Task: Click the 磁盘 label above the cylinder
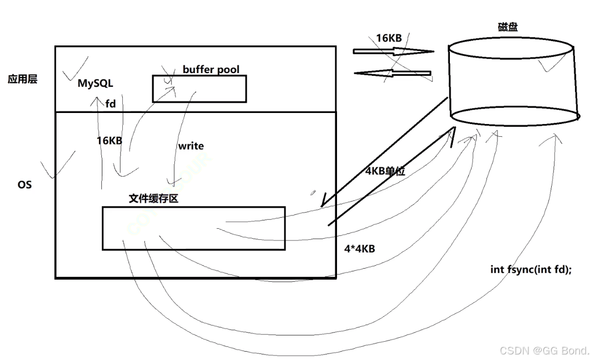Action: click(x=507, y=27)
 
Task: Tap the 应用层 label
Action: click(x=23, y=79)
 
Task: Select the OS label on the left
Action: click(x=24, y=184)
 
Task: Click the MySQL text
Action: click(x=95, y=84)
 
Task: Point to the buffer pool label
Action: click(x=211, y=70)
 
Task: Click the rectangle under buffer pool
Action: click(x=199, y=89)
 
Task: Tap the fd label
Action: click(x=111, y=103)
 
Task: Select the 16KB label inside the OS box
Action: click(x=109, y=141)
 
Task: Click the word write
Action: click(x=190, y=146)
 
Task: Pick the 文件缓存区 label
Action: click(x=153, y=198)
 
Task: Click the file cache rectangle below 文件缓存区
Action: click(x=194, y=228)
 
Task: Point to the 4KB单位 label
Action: click(x=385, y=171)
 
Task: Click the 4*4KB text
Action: click(x=359, y=249)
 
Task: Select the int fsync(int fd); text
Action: click(x=531, y=269)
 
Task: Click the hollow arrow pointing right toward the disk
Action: click(x=393, y=52)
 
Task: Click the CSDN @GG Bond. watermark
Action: click(x=545, y=350)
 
